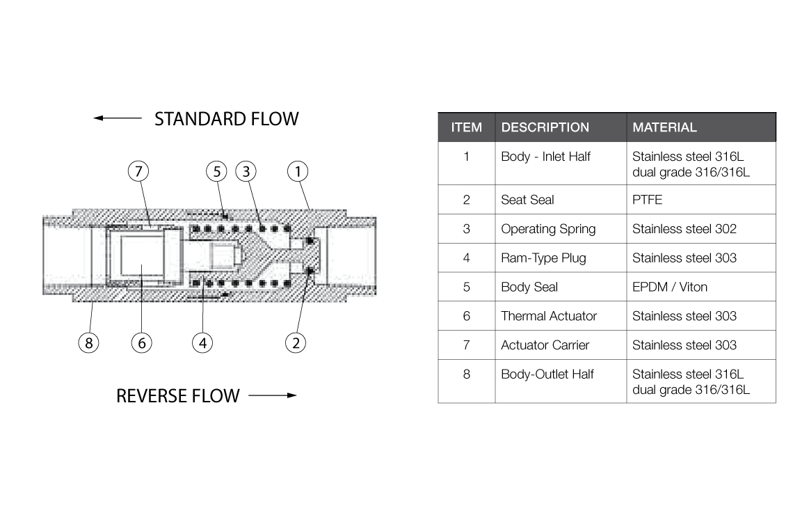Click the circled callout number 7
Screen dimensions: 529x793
138,171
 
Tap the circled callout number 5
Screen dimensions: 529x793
217,171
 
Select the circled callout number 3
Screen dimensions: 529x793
246,171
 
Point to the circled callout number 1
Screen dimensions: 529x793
298,171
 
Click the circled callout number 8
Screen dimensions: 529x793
88,342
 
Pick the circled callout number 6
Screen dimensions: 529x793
141,342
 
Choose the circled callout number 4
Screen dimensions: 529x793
202,342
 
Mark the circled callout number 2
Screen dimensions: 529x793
296,342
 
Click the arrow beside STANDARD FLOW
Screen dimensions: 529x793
118,118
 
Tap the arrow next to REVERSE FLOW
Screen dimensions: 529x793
272,396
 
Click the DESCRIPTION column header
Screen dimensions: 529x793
545,127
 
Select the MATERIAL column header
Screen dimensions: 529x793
664,127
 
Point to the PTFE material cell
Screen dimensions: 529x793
647,200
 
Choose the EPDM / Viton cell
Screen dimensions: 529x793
669,287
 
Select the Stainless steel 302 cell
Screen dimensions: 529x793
684,229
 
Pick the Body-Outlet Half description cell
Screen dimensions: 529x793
547,374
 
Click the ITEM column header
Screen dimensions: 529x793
466,127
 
